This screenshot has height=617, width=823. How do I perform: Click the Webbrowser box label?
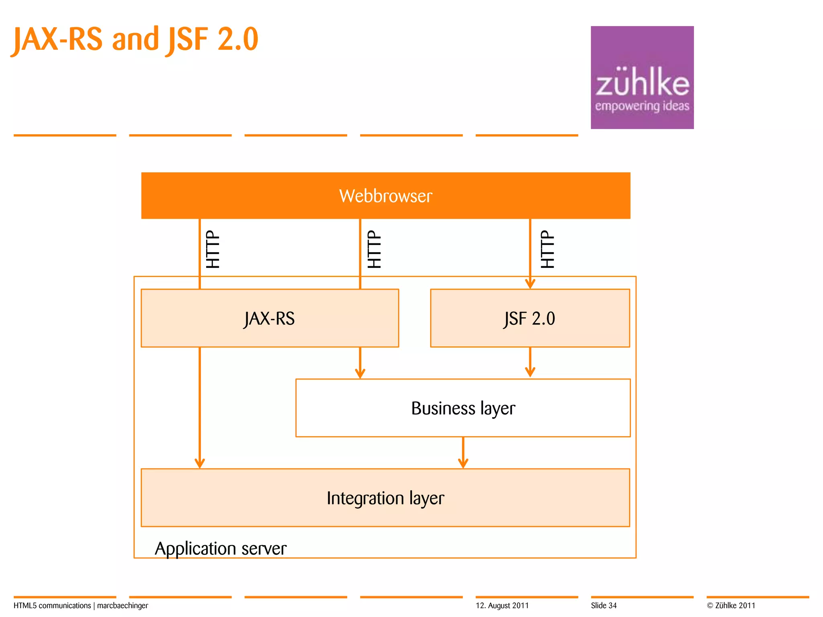coord(385,196)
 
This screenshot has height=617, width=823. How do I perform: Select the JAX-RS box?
coord(270,318)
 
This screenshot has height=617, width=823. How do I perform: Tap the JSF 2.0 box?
coord(530,318)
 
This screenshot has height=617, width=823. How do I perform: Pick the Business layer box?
coord(463,408)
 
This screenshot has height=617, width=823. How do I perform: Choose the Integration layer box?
coord(385,498)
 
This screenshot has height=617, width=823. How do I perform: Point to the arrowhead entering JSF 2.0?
coord(530,284)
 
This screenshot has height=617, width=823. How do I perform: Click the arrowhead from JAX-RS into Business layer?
coord(360,373)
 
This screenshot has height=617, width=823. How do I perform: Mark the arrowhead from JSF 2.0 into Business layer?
coord(530,372)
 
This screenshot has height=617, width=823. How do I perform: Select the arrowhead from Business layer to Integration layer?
coord(463,463)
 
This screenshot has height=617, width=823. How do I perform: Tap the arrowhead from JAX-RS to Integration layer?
coord(200,463)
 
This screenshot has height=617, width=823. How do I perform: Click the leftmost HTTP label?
coord(213,249)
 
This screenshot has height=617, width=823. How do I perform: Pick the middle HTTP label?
coord(374,249)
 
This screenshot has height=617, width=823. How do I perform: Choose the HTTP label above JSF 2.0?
coord(547,249)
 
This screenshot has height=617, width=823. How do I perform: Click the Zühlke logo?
coord(642,78)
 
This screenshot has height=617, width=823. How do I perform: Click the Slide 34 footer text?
coord(604,606)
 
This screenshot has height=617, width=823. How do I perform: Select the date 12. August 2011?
coord(502,606)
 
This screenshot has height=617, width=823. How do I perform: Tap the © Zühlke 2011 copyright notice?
coord(731,606)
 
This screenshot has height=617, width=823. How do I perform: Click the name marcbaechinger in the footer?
coord(123,606)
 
